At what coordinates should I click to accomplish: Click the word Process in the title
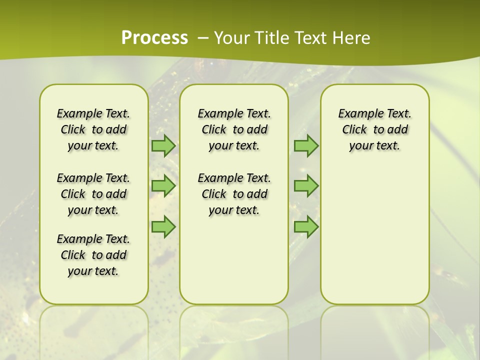[154, 38]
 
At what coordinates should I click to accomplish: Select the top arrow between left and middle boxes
[163, 145]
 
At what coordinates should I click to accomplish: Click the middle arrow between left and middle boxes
[163, 186]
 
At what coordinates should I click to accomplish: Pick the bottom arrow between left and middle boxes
[163, 227]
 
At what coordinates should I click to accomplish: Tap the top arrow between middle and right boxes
[306, 145]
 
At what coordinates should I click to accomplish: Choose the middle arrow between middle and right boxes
[306, 186]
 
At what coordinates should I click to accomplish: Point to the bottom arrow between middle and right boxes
[306, 227]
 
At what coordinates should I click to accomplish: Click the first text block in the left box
[93, 129]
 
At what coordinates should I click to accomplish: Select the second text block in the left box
[93, 194]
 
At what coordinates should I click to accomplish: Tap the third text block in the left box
[93, 255]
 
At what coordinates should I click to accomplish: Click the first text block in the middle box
[234, 129]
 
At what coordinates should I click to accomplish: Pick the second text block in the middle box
[234, 194]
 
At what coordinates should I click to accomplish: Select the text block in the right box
[374, 129]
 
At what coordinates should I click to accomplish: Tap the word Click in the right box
[354, 130]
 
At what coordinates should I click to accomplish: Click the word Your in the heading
[232, 38]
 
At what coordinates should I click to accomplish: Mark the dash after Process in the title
[203, 38]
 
